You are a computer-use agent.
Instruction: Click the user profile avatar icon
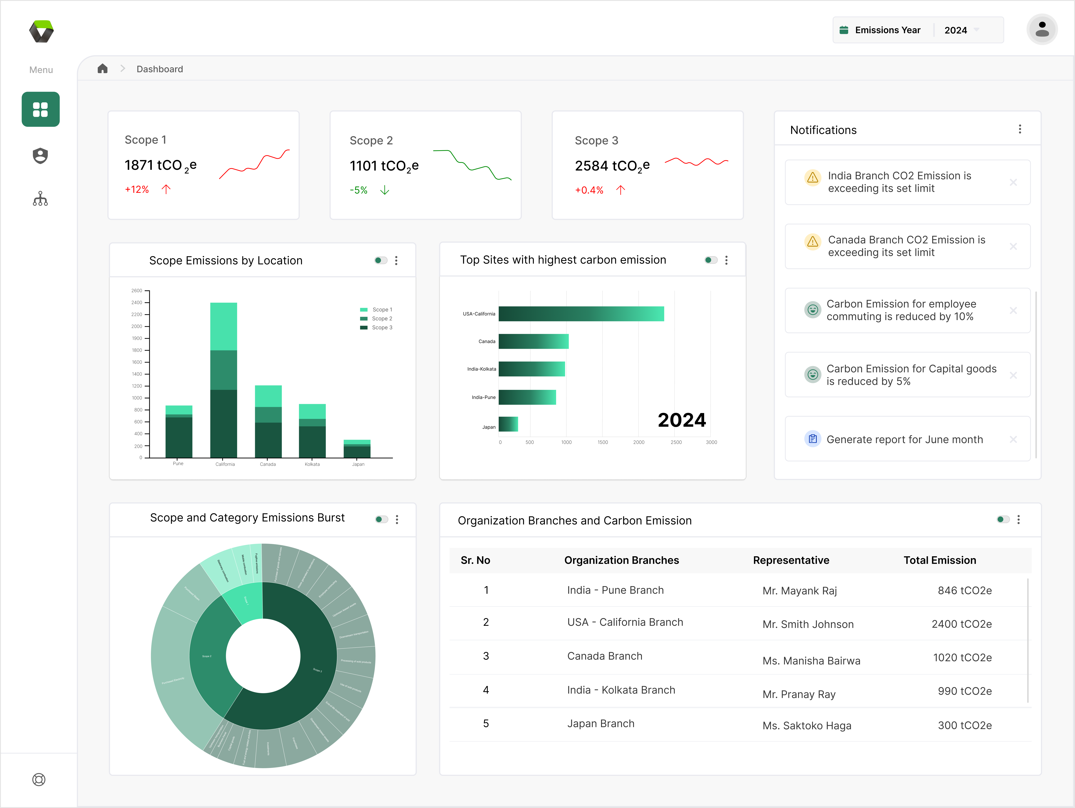(x=1041, y=30)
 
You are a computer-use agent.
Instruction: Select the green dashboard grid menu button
(x=40, y=109)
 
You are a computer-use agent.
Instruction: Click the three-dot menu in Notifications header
(x=1020, y=129)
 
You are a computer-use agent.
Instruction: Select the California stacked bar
(x=223, y=379)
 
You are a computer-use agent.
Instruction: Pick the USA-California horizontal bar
(x=581, y=314)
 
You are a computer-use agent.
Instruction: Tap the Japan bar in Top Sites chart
(x=508, y=424)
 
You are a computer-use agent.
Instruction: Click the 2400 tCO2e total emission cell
(x=961, y=624)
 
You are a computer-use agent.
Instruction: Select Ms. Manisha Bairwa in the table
(x=811, y=661)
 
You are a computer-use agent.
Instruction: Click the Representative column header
(x=791, y=560)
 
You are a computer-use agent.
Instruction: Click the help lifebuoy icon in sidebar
(x=39, y=779)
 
